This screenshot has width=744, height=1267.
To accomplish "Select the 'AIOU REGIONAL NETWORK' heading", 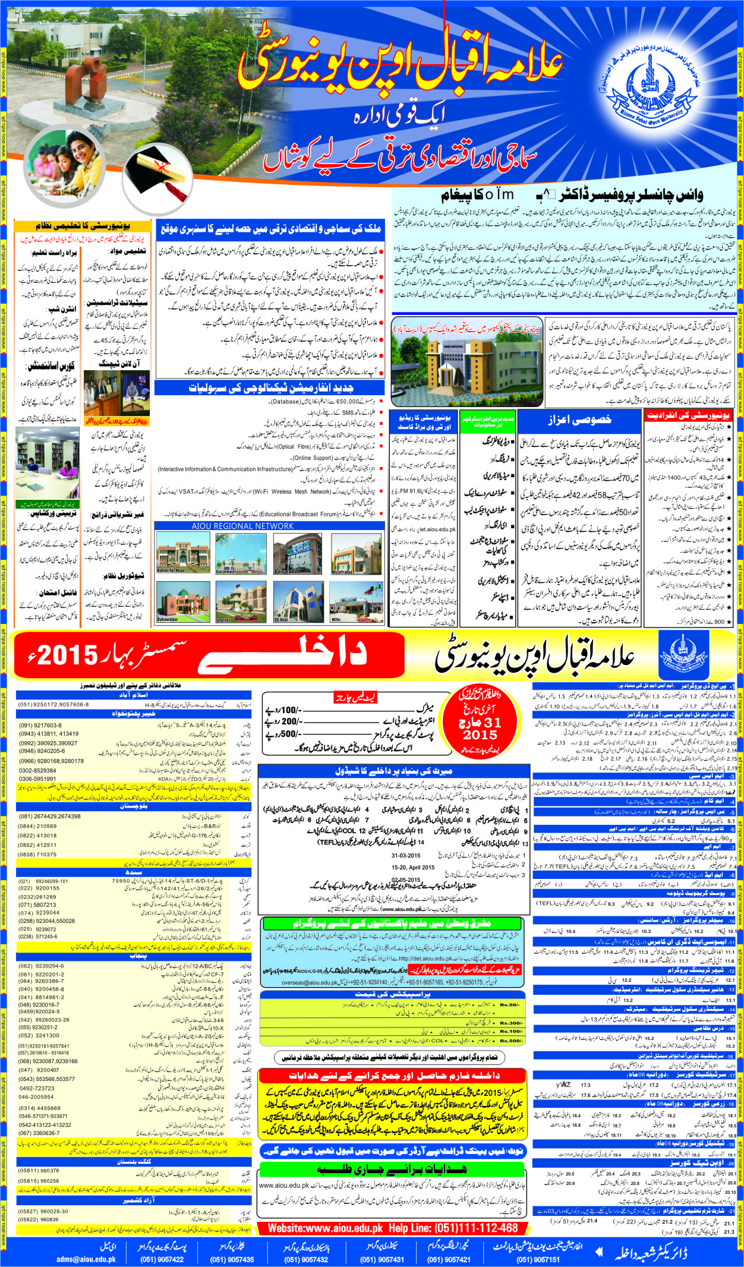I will [x=242, y=526].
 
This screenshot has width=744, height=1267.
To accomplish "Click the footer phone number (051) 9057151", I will [x=538, y=1259].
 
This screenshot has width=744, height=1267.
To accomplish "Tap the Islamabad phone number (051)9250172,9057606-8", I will [x=53, y=704].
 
